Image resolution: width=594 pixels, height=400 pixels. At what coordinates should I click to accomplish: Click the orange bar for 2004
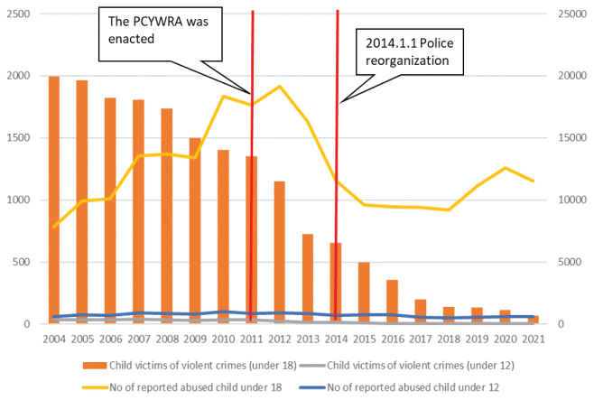click(x=54, y=200)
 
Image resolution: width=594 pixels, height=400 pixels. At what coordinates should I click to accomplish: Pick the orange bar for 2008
click(x=167, y=216)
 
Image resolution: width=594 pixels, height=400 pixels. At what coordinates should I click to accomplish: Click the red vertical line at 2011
click(x=252, y=181)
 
